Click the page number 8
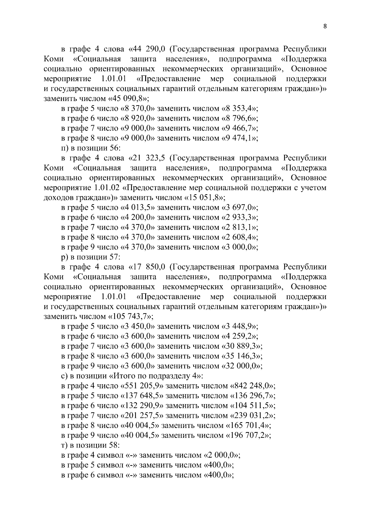[x=325, y=27]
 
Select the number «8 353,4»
[x=239, y=108]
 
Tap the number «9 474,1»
[x=239, y=138]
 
